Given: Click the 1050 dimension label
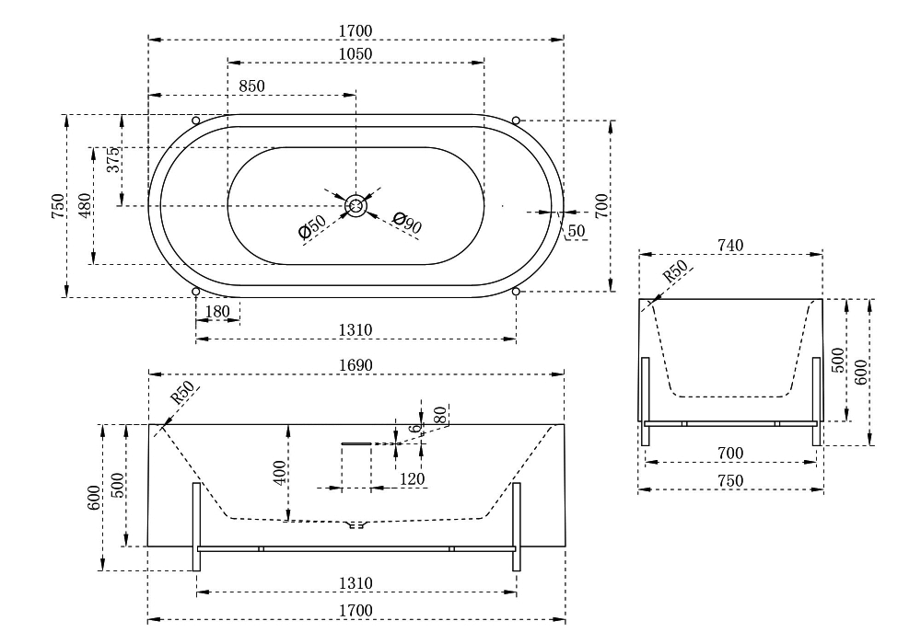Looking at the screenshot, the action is click(x=356, y=54).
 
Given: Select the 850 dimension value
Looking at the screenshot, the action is click(x=252, y=86).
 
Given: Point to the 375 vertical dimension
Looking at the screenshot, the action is click(x=113, y=159).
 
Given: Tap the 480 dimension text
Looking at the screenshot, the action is click(x=86, y=206).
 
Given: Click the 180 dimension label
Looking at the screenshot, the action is click(x=218, y=312).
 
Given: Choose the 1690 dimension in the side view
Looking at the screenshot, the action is click(x=356, y=365).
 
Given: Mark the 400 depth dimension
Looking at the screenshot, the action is click(x=280, y=473).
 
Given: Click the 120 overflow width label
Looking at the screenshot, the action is click(x=412, y=479).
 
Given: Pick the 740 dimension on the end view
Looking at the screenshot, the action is click(x=730, y=245).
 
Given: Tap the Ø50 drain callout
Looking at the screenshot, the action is click(x=312, y=227).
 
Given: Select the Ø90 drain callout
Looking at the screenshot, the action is click(x=407, y=223).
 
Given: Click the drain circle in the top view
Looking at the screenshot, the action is click(x=356, y=206).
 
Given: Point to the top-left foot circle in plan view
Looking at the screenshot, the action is click(x=196, y=121).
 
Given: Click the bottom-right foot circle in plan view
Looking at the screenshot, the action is click(x=516, y=292).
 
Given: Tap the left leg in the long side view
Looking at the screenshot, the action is click(x=197, y=526).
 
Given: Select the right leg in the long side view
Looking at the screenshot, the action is click(x=517, y=526).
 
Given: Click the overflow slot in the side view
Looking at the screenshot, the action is click(x=356, y=444).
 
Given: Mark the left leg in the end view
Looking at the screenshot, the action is click(x=646, y=402).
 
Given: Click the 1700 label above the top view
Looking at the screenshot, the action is click(x=356, y=31).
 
